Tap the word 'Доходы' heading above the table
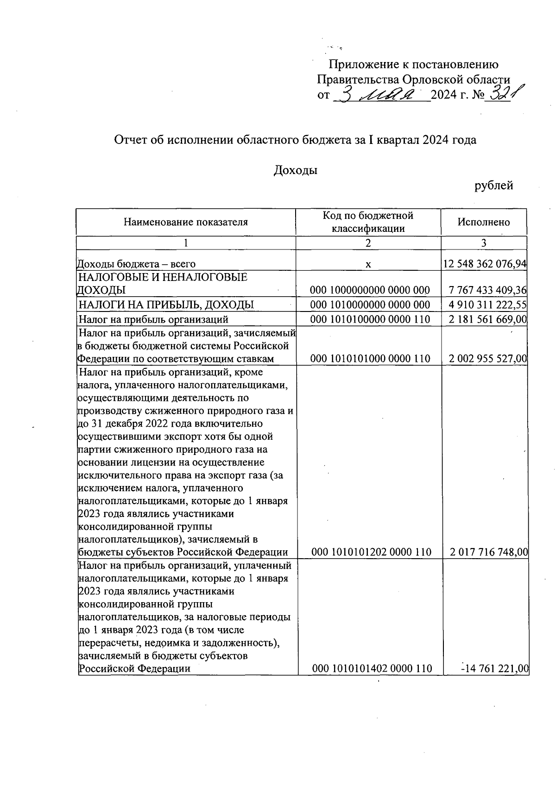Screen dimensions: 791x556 tap(296, 170)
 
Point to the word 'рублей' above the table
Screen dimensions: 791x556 tap(493, 186)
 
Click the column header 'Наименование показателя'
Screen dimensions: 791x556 tap(186, 222)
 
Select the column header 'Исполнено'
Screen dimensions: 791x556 tap(483, 222)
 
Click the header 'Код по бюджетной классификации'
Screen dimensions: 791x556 tap(368, 222)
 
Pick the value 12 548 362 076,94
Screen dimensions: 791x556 tap(484, 264)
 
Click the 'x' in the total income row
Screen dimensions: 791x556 tap(368, 264)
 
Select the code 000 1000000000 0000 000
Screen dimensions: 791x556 tap(370, 290)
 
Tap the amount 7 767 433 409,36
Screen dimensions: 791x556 tap(487, 290)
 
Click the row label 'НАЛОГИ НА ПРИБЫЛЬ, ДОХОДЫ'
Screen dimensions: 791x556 tap(166, 305)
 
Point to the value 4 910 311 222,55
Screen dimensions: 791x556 tap(487, 305)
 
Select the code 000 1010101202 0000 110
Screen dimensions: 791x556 tap(371, 552)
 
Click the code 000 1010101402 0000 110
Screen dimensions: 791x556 tap(372, 668)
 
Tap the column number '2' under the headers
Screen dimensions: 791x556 tap(368, 243)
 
